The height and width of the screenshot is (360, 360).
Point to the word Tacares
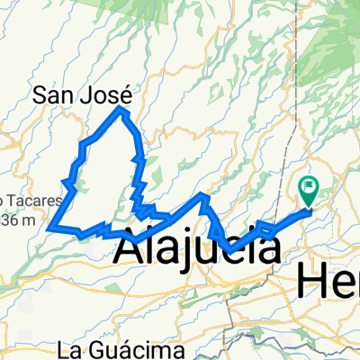pos(36,201)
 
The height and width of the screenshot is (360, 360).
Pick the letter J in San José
pos(90,93)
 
